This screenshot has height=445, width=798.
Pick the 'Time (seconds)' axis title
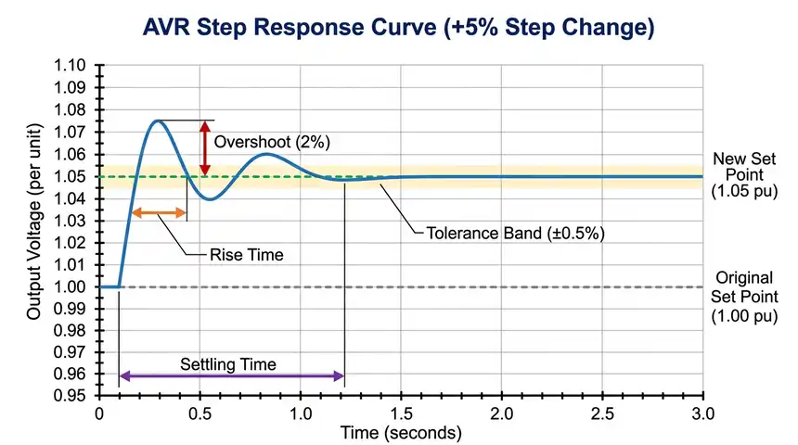pos(400,432)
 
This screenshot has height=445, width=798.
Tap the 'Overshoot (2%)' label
pos(272,143)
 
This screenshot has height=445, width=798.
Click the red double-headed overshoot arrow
pos(204,147)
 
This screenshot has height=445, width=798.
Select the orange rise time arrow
pos(160,213)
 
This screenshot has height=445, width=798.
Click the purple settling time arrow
pos(232,375)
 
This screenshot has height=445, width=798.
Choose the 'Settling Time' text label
pos(227,364)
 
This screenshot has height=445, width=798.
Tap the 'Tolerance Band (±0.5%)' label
pos(516,233)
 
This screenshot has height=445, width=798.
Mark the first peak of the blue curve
pos(158,121)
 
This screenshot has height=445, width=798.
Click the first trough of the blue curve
pos(212,199)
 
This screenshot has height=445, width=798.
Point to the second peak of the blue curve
pos(266,154)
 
